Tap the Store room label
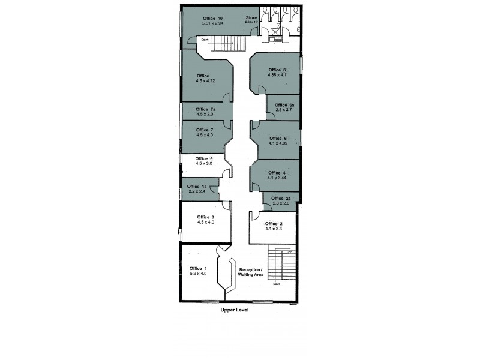(252, 18)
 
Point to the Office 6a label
(284, 105)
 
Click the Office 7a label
(205, 109)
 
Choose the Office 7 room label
(205, 130)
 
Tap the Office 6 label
(277, 139)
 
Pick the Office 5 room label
(205, 158)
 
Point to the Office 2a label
(281, 199)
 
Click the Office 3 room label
(205, 217)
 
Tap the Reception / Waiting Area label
(255, 272)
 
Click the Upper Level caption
(233, 311)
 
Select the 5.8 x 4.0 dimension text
(198, 274)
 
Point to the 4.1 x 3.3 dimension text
(274, 229)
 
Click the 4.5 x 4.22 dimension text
(205, 80)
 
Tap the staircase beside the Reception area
(280, 265)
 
